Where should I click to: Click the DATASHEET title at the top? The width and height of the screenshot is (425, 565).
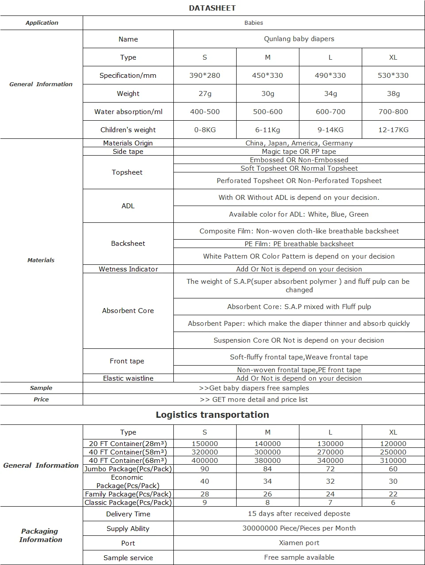point(212,8)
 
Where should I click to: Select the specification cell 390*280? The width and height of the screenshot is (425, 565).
point(205,76)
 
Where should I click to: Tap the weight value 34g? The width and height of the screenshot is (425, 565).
point(330,94)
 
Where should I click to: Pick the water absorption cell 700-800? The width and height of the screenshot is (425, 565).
point(393,112)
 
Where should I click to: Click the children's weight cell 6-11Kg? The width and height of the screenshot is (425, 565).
point(268,130)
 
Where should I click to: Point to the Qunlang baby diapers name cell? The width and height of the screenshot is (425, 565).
point(299,39)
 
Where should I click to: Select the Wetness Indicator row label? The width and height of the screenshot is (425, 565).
point(128,269)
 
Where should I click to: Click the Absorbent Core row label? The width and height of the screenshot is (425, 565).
point(128,311)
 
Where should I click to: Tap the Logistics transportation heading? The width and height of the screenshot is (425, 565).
point(212,415)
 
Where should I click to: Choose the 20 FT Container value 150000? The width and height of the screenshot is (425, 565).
point(205,444)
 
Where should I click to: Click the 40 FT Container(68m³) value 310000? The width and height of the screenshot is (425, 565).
point(393,461)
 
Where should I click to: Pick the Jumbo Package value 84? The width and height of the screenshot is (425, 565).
point(268,469)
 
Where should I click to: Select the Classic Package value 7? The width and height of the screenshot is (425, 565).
point(330,503)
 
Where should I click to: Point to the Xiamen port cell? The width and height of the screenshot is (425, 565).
point(299,543)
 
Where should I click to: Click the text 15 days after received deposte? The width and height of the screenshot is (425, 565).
point(299,514)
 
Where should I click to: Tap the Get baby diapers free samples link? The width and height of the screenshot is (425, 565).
point(254,388)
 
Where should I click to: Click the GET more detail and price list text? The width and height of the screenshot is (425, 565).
point(254,400)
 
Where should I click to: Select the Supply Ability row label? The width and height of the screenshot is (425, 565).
point(128,529)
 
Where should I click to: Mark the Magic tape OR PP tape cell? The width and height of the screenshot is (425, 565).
point(299,152)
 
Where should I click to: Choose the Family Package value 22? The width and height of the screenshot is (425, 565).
point(393,494)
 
